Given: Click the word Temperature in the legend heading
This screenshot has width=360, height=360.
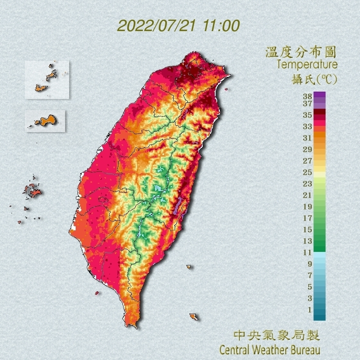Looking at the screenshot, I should [x=307, y=65].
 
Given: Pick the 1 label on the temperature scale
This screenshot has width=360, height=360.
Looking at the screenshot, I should [x=309, y=310].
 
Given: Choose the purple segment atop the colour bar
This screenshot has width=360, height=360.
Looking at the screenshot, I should [x=319, y=94].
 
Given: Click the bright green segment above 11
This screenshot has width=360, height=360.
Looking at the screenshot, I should [x=319, y=248].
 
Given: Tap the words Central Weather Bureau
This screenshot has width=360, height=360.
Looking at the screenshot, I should [x=270, y=350].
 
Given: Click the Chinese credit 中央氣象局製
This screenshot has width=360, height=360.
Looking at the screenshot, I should [x=277, y=335].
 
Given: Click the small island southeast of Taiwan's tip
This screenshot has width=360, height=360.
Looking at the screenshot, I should [x=193, y=317].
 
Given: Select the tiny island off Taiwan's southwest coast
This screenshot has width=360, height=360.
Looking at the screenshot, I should [x=97, y=293].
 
